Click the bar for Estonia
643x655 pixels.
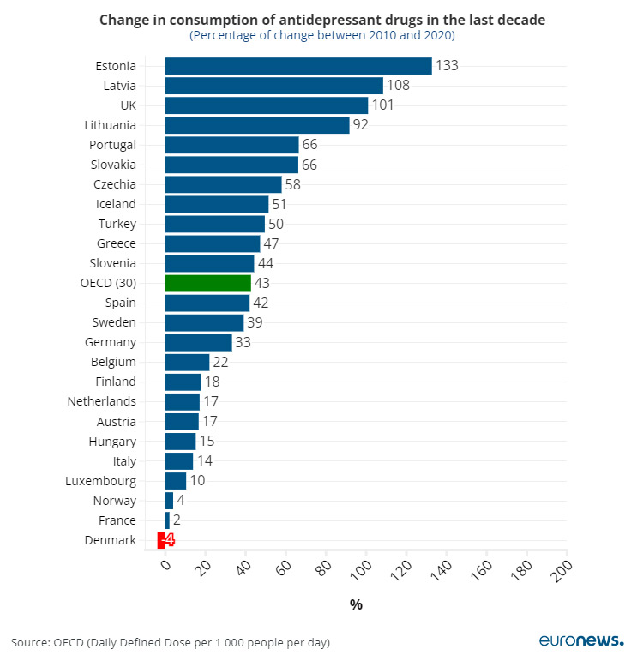(297, 66)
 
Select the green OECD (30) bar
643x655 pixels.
(207, 283)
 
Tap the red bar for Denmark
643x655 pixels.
(160, 540)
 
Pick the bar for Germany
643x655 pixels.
(198, 343)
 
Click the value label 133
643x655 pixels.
(447, 66)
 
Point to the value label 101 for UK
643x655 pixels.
(382, 105)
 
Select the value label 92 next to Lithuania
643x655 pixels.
(364, 125)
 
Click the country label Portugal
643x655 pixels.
(112, 145)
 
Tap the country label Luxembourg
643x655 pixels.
(100, 481)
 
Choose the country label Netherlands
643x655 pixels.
(101, 402)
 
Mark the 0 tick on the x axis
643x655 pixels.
(166, 565)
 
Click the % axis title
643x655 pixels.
(356, 604)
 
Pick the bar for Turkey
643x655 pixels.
(214, 224)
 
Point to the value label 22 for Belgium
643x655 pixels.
(220, 363)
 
